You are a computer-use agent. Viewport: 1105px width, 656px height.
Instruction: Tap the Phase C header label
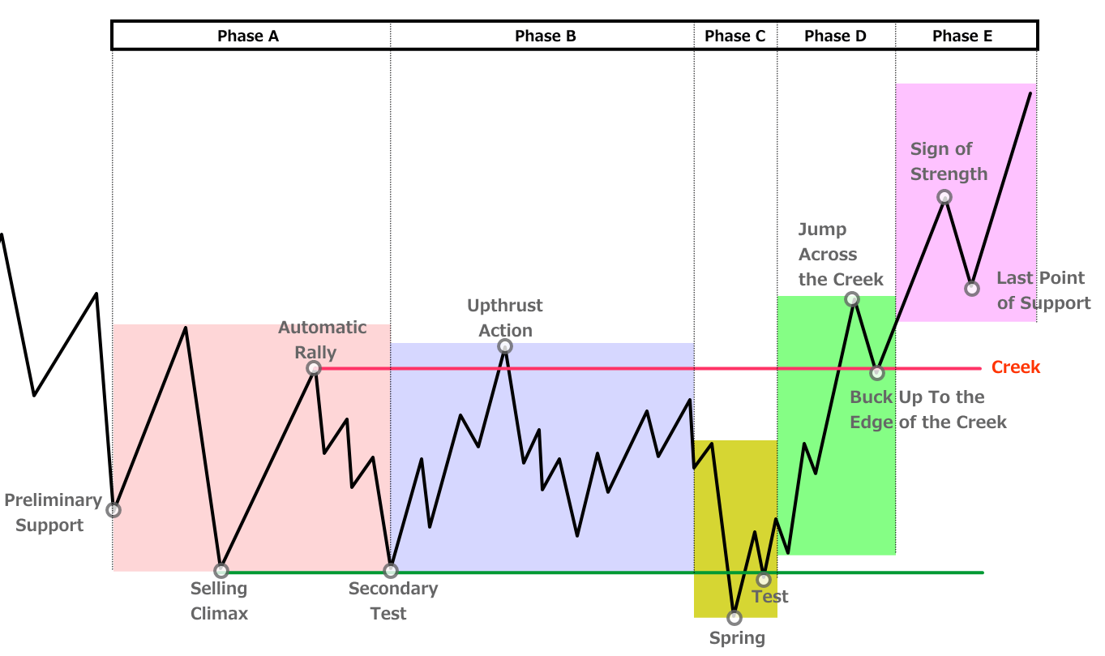[735, 36]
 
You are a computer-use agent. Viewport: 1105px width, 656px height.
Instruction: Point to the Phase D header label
[835, 36]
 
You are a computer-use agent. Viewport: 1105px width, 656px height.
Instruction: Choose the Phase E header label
[962, 36]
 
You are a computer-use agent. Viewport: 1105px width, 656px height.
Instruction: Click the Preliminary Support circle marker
[113, 510]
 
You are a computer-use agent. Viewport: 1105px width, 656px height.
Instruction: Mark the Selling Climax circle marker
[221, 571]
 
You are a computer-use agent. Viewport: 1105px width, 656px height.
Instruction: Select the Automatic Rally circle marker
[314, 368]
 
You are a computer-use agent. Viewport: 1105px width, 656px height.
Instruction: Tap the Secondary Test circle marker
[391, 571]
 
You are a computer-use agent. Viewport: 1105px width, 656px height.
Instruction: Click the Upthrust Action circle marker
[505, 347]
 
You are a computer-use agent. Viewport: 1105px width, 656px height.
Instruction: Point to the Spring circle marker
[735, 617]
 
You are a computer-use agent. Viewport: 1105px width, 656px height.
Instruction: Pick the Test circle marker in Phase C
[763, 580]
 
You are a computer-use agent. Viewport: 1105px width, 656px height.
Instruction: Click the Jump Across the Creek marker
[852, 299]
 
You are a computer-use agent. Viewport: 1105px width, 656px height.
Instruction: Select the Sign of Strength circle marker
[944, 197]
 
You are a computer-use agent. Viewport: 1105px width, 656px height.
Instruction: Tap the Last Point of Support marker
[972, 288]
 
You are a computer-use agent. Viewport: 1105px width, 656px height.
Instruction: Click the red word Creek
[1016, 367]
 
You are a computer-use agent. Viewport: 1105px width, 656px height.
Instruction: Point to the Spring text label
[737, 638]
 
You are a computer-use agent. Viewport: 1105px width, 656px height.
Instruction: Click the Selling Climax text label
[219, 601]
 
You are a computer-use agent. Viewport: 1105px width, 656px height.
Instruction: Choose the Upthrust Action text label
[505, 318]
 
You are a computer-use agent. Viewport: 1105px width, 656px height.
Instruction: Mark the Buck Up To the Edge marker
[876, 373]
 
